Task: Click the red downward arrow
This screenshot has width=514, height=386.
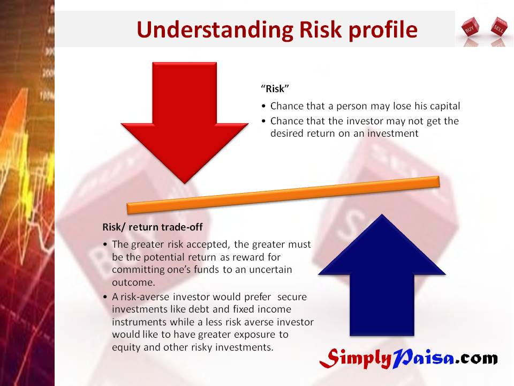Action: (185, 122)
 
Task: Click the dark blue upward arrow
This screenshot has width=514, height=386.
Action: (382, 275)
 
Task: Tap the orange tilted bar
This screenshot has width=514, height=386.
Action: (283, 195)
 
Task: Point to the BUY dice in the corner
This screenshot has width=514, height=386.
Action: (470, 28)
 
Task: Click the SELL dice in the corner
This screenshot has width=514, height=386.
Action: (498, 26)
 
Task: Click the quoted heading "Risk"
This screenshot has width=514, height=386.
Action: (275, 88)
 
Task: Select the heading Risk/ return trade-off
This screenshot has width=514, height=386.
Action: (153, 227)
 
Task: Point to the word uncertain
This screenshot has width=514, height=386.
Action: (270, 270)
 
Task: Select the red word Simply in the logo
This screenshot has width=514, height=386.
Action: (356, 359)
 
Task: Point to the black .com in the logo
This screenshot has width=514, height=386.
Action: (477, 359)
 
